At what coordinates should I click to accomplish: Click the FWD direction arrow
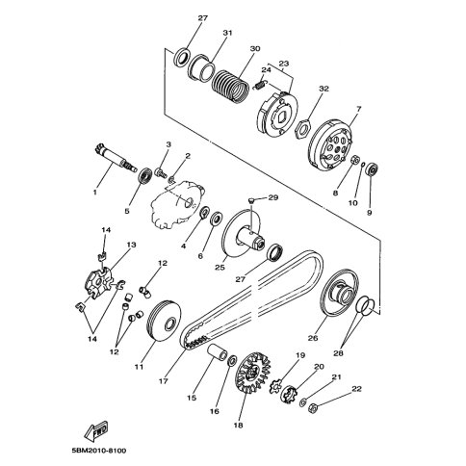click(x=96, y=431)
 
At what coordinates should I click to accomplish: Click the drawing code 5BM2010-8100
click(x=99, y=451)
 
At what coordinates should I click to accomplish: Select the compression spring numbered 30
click(x=230, y=87)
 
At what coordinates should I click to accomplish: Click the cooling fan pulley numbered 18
click(x=253, y=374)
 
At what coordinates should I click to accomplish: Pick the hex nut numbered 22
click(x=313, y=408)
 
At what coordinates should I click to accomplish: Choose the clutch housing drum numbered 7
click(x=330, y=144)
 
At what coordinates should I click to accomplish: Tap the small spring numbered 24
click(x=261, y=85)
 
